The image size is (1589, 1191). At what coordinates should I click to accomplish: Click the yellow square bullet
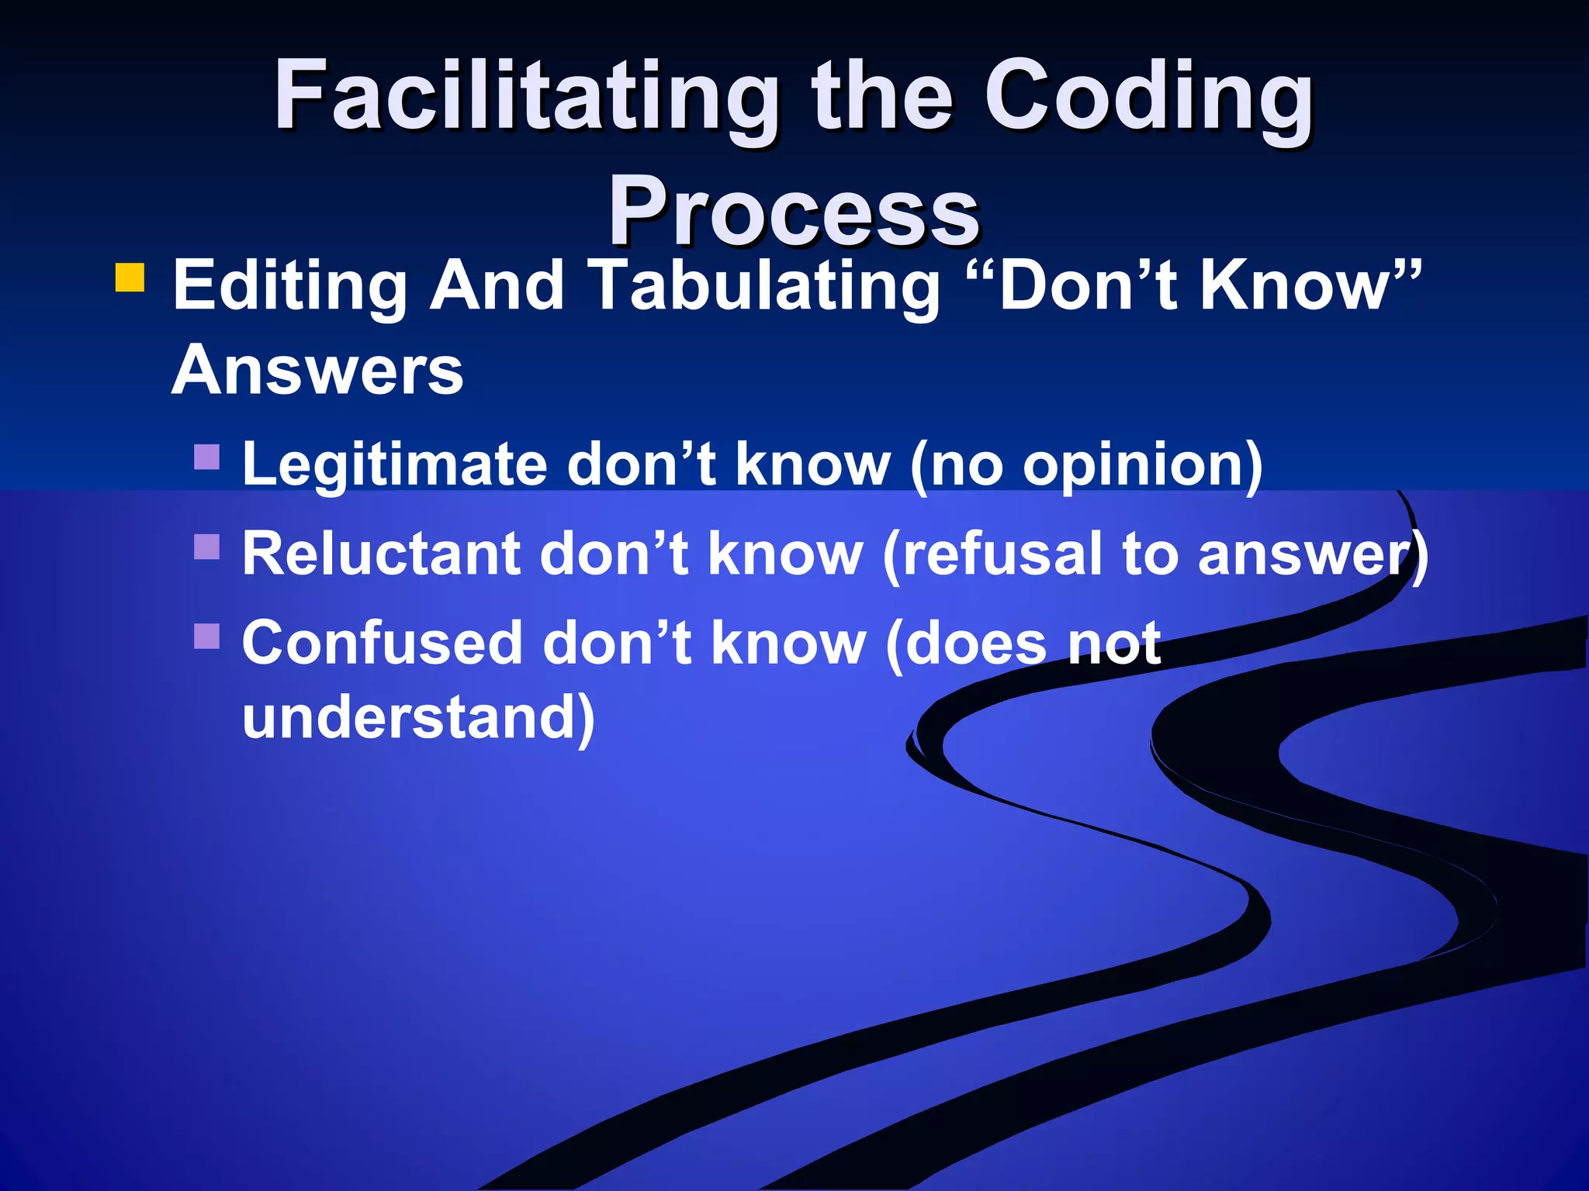click(130, 278)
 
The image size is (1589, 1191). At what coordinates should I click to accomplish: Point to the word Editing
click(289, 287)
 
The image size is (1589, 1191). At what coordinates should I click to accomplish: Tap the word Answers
click(317, 370)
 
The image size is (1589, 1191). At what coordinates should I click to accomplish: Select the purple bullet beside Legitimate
click(207, 457)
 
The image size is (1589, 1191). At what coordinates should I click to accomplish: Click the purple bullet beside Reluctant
click(207, 547)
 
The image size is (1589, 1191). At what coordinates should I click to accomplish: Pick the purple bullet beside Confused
click(207, 636)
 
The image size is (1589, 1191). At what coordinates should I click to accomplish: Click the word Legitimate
click(394, 465)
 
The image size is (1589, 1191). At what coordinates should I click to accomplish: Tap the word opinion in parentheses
click(1133, 465)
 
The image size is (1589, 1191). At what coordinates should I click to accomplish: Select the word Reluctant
click(381, 554)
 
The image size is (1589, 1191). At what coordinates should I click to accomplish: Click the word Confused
click(382, 644)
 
